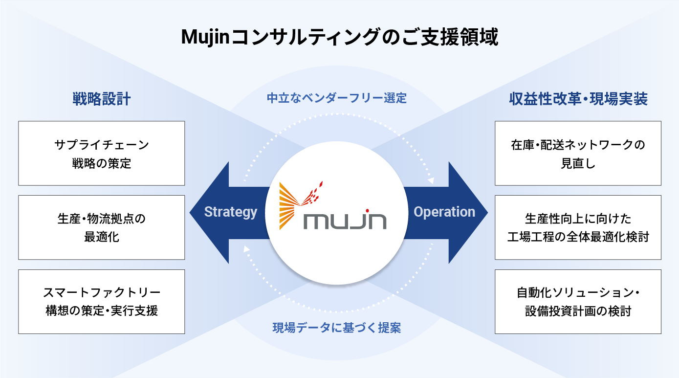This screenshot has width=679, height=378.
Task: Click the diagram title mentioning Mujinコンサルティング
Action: pos(339,38)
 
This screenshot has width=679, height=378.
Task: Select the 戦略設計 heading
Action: pos(101,99)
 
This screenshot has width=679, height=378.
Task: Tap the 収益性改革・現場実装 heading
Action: pos(578,99)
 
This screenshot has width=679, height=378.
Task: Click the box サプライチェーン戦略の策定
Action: pos(102,153)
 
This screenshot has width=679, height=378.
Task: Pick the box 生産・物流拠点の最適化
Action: pos(102,227)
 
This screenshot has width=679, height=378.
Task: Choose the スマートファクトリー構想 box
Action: pos(102,302)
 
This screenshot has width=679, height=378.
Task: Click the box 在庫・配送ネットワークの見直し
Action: pos(578,153)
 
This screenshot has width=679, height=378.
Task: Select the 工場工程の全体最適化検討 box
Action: pos(578,227)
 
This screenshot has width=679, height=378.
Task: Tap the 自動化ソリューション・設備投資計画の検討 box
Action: pos(578,302)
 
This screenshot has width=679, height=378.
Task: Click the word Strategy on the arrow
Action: pos(230,212)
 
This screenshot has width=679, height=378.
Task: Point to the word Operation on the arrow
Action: pos(444,212)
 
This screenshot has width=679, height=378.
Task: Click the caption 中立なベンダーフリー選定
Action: pos(336,98)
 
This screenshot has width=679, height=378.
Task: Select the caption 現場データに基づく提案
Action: pos(336,328)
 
